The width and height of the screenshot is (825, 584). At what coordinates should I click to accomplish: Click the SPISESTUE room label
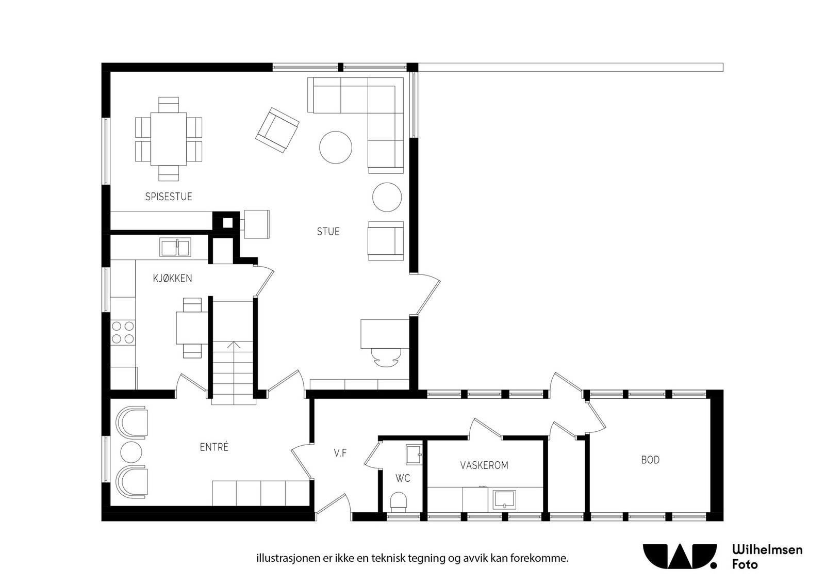[169, 197]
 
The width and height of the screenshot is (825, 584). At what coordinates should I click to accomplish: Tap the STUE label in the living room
[328, 232]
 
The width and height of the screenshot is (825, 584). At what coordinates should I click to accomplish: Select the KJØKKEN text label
[172, 279]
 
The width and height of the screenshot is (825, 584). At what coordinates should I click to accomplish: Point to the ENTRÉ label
[214, 447]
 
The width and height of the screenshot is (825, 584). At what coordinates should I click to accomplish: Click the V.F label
[340, 453]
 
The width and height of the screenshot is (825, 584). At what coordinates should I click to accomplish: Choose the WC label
[403, 478]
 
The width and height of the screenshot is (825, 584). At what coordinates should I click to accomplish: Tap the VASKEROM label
[484, 465]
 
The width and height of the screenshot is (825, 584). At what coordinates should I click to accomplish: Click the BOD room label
[650, 460]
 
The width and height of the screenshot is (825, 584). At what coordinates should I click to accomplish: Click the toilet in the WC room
[399, 502]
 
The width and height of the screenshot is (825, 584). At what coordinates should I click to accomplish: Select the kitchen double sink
[175, 247]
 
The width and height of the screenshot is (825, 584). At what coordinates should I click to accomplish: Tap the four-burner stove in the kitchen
[123, 332]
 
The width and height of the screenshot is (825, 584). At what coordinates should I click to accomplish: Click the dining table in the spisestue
[168, 139]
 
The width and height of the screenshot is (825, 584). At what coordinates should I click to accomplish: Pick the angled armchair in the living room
[277, 130]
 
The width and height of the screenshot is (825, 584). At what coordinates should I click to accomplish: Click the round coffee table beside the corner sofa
[336, 148]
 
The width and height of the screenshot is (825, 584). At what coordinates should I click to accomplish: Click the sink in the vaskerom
[504, 500]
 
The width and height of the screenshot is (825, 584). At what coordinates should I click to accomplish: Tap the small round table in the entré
[131, 452]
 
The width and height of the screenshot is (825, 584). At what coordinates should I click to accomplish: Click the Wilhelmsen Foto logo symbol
[680, 556]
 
